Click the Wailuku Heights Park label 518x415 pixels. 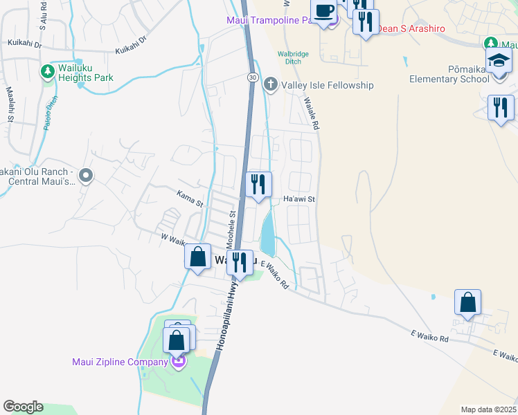click(x=85, y=77)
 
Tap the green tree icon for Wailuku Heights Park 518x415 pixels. click(x=47, y=71)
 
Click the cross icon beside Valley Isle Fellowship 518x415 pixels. click(x=270, y=85)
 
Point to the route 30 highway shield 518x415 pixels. click(x=252, y=77)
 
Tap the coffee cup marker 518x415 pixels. click(x=324, y=11)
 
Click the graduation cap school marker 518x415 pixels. click(x=499, y=62)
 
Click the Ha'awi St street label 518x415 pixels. click(x=300, y=199)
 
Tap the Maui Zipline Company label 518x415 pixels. click(x=120, y=362)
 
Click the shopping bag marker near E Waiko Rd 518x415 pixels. click(x=467, y=303)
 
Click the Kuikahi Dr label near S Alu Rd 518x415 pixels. click(x=25, y=43)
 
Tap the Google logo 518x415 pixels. click(x=22, y=407)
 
